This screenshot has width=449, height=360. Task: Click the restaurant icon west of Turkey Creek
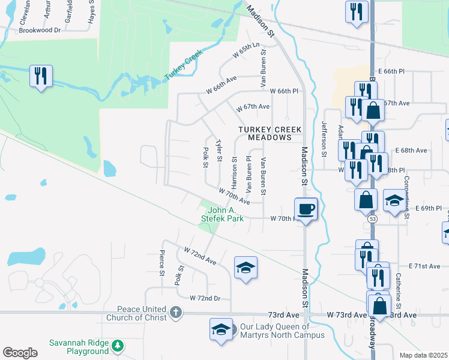click(x=41, y=76)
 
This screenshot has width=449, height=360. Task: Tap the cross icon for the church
click(x=175, y=312)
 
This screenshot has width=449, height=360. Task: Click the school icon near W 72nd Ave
click(x=246, y=267)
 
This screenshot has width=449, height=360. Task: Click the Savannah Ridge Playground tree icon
click(x=118, y=346)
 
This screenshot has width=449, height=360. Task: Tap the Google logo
click(x=20, y=353)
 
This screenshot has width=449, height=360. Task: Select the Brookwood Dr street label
click(x=40, y=29)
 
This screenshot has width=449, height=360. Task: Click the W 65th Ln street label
click(x=249, y=51)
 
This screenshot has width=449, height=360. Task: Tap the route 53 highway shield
click(x=373, y=220)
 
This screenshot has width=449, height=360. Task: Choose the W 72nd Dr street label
click(x=205, y=298)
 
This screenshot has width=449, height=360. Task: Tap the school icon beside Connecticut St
click(x=394, y=201)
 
